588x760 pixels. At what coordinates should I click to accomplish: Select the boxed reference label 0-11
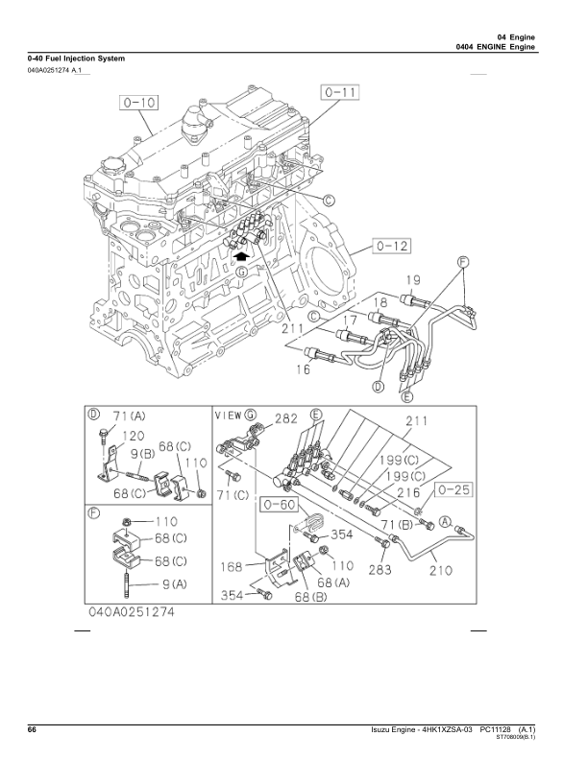tap(339, 93)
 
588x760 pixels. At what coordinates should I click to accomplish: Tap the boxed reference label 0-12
tap(391, 248)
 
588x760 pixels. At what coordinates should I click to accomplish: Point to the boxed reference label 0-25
tap(456, 490)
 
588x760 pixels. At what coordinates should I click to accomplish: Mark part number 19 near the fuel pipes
tap(410, 280)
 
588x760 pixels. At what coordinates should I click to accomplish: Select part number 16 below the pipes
tap(303, 368)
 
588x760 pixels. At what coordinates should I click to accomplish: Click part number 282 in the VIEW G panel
tap(284, 418)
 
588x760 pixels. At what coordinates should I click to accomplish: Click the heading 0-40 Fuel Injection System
tap(76, 59)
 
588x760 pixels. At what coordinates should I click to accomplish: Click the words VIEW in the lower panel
tap(228, 416)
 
